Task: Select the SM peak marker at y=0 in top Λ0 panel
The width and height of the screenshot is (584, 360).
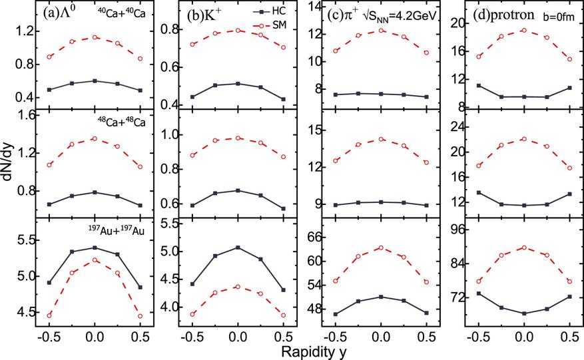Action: point(95,37)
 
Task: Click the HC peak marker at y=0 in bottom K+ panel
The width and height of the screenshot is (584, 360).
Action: point(238,248)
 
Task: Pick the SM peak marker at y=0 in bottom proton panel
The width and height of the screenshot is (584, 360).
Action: point(524,248)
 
